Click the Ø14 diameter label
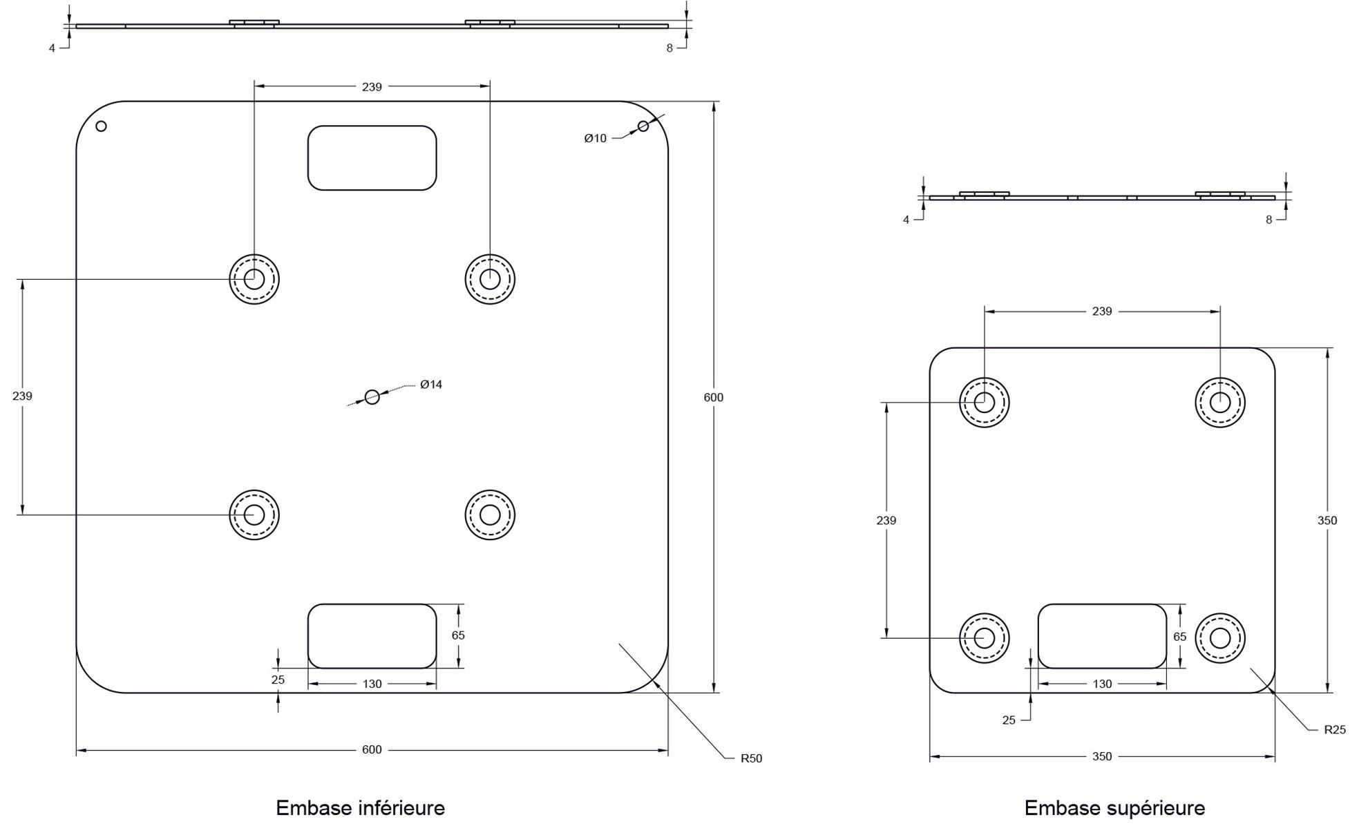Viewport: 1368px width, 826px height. point(431,385)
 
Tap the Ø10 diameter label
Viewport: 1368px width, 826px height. point(595,138)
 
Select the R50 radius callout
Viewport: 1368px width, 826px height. point(751,758)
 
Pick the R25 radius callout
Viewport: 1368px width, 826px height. point(1335,729)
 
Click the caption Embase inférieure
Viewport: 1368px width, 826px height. point(360,807)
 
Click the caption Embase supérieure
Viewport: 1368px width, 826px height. point(1114,807)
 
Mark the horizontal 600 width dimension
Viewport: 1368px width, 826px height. point(372,750)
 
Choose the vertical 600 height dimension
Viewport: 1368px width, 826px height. point(714,397)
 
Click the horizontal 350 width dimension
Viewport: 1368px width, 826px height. point(1102,756)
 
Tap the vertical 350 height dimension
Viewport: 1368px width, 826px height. point(1327,521)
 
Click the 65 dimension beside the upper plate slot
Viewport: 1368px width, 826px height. point(1179,637)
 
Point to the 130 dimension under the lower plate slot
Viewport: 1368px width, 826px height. point(372,684)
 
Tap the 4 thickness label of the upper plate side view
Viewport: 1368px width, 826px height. point(906,220)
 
